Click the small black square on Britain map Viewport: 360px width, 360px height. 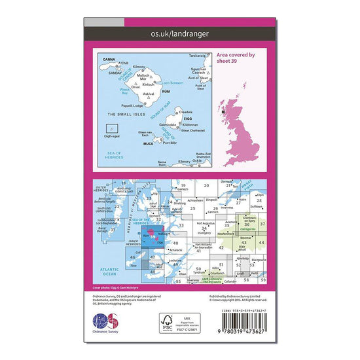(x=224, y=112)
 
